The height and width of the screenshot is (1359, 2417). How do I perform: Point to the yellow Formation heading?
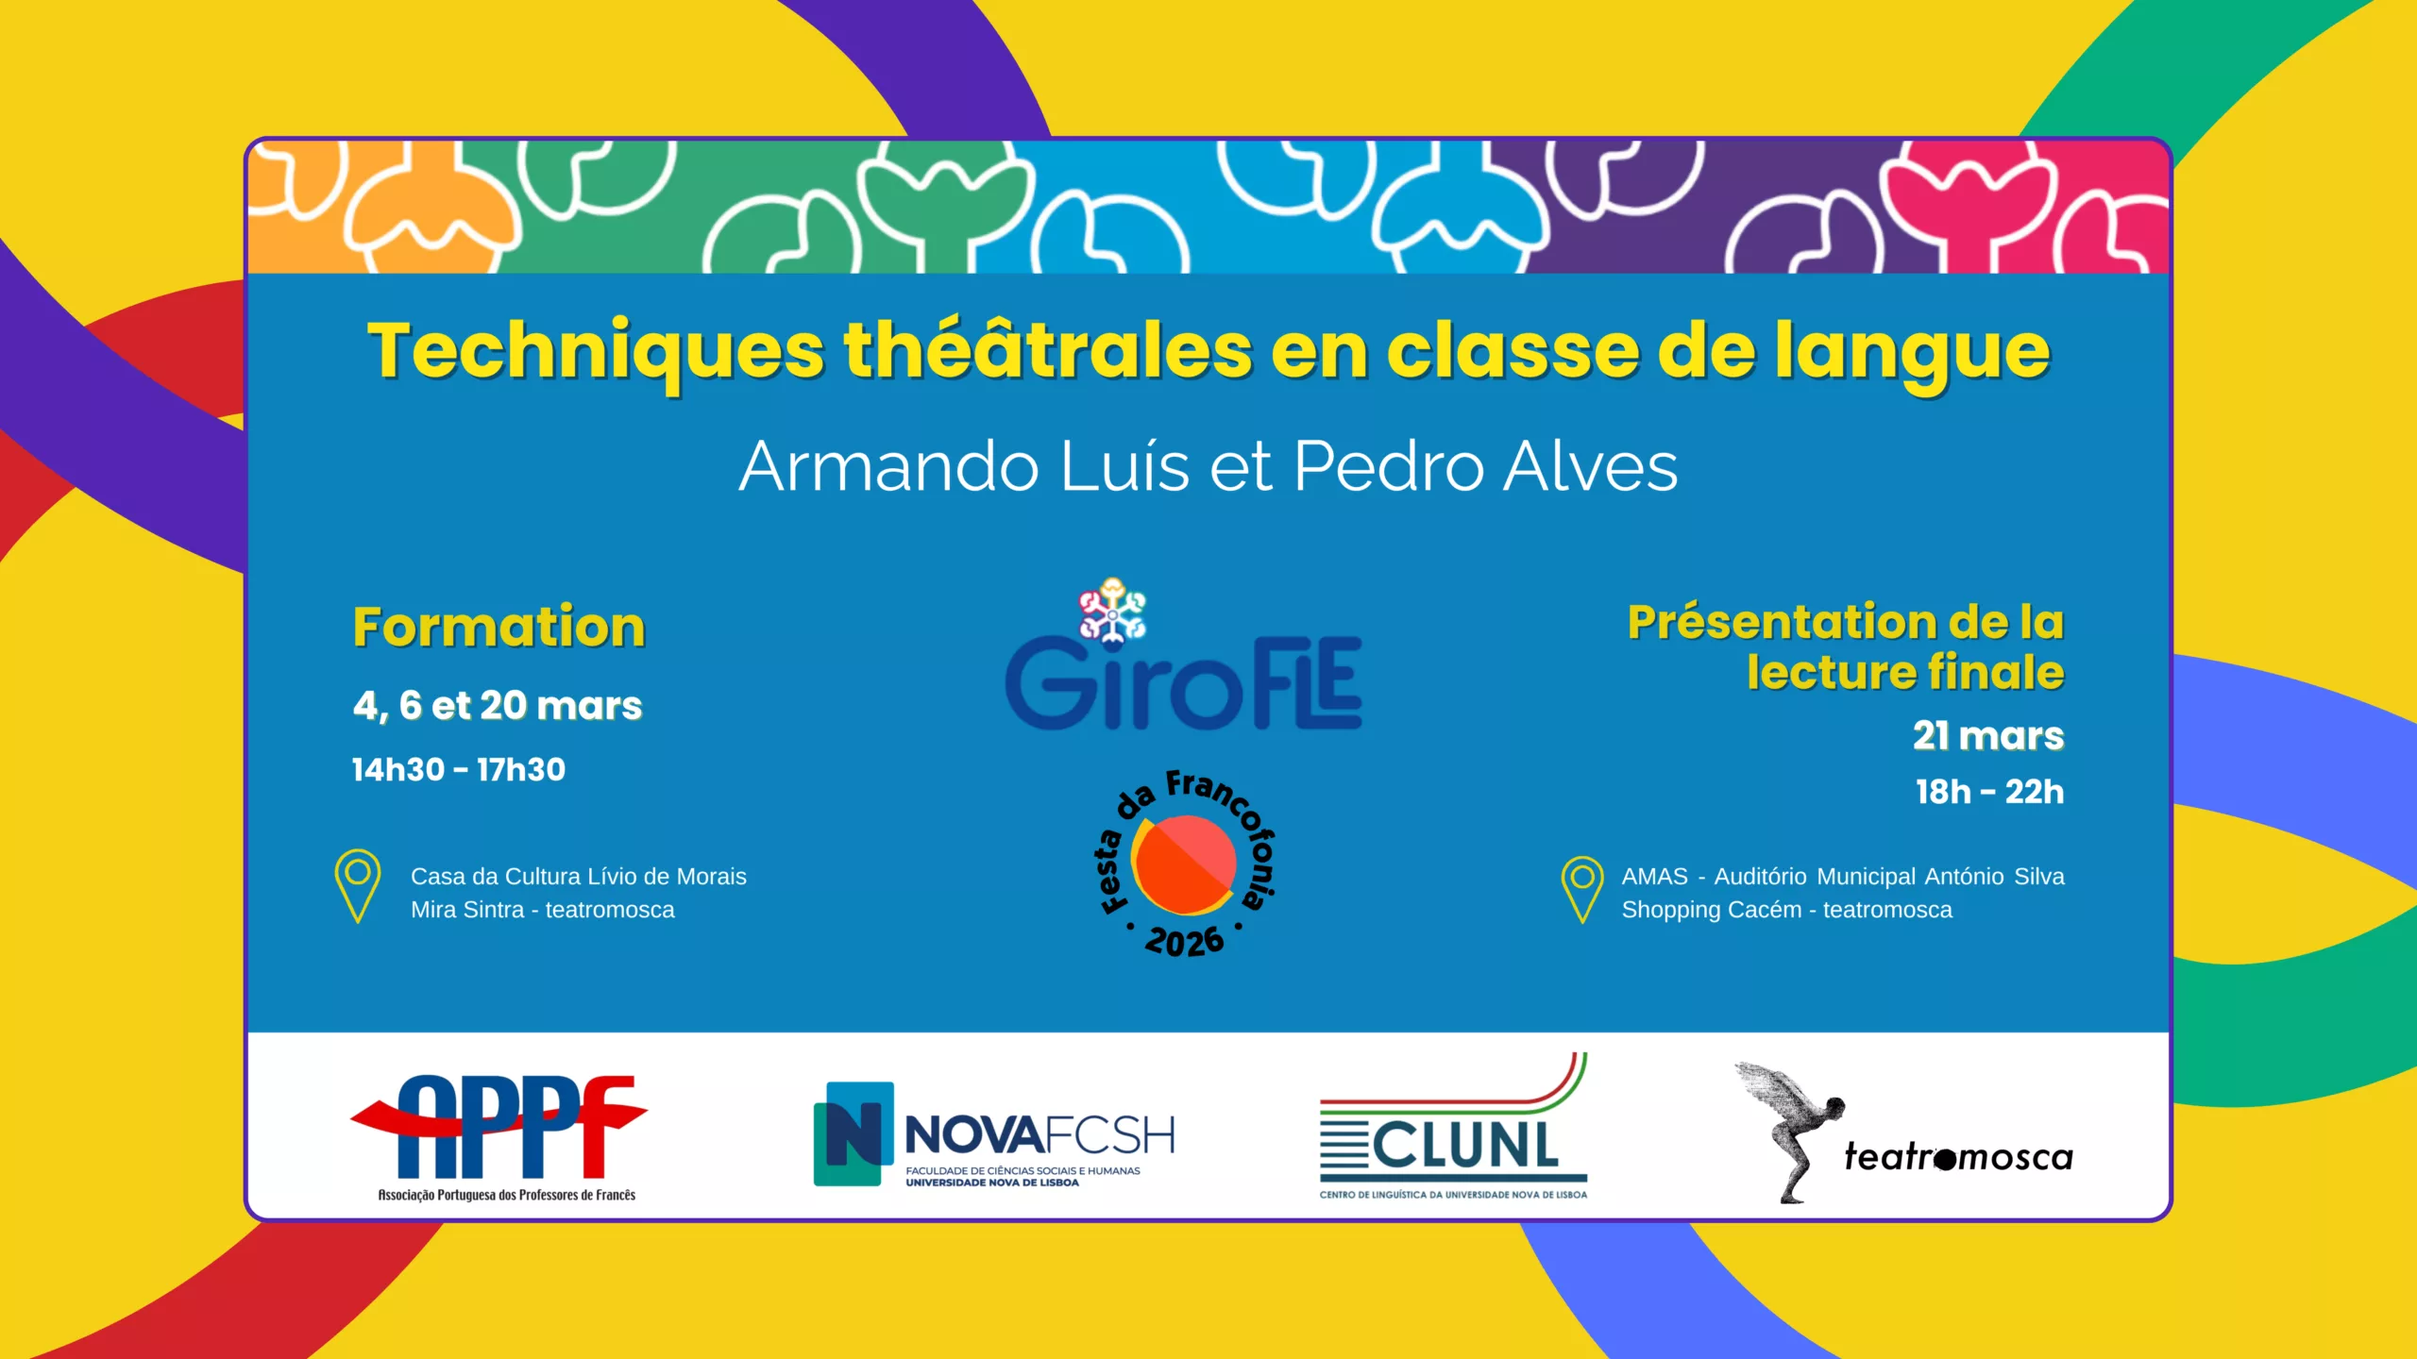tap(499, 627)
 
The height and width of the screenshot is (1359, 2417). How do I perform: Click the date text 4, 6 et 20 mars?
tap(498, 706)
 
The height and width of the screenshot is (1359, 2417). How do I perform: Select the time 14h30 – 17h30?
tap(459, 770)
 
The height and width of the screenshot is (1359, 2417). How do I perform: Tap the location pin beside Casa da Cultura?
tap(358, 886)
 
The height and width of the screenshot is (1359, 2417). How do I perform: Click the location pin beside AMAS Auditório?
tap(1582, 889)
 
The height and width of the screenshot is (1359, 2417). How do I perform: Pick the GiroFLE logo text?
tap(1184, 681)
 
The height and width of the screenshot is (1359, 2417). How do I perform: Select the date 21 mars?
tap(1988, 736)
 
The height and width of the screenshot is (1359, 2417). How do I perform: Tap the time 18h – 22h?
tap(1990, 792)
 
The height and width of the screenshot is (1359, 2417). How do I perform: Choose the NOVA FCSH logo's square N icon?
tap(854, 1133)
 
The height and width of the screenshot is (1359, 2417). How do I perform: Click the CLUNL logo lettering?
tap(1465, 1147)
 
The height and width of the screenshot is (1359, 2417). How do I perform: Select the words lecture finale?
tap(1905, 672)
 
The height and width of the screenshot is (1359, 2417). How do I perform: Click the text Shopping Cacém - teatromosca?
tap(1787, 910)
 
